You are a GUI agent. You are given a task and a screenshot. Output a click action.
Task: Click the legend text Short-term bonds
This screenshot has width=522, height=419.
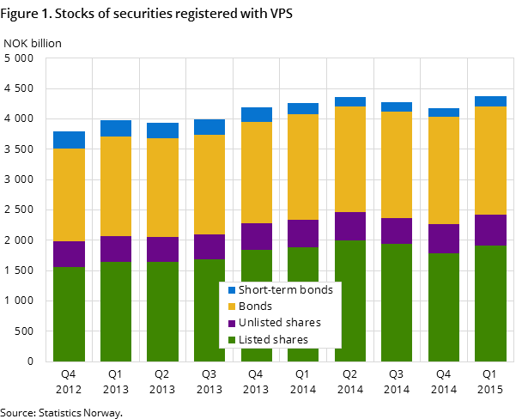286,290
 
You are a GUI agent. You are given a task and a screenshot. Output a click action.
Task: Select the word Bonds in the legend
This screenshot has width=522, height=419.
255,307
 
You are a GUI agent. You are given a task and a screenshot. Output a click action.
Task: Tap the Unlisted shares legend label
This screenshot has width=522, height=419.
280,323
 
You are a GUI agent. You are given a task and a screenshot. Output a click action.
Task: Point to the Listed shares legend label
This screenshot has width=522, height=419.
273,340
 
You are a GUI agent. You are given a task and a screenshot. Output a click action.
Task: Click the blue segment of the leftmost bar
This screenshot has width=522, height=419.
69,140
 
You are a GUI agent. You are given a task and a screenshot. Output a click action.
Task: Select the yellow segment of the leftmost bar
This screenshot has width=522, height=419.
69,195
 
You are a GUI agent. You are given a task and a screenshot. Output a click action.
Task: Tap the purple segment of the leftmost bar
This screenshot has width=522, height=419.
69,254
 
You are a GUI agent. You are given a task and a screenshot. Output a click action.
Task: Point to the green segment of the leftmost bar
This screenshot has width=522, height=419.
69,314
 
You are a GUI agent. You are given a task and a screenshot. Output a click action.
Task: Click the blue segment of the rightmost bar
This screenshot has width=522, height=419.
490,101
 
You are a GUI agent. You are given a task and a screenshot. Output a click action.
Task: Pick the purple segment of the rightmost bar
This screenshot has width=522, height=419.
490,230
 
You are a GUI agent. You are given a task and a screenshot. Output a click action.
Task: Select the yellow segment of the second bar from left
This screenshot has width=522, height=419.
116,186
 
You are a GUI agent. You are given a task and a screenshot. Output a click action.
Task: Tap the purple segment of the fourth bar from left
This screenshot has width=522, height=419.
209,246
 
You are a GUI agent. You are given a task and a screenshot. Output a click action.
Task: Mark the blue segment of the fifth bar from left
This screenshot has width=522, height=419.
257,114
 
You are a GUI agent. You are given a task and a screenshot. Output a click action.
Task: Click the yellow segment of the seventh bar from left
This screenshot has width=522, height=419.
350,159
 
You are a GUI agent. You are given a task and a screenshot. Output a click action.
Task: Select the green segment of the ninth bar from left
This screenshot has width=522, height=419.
444,307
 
